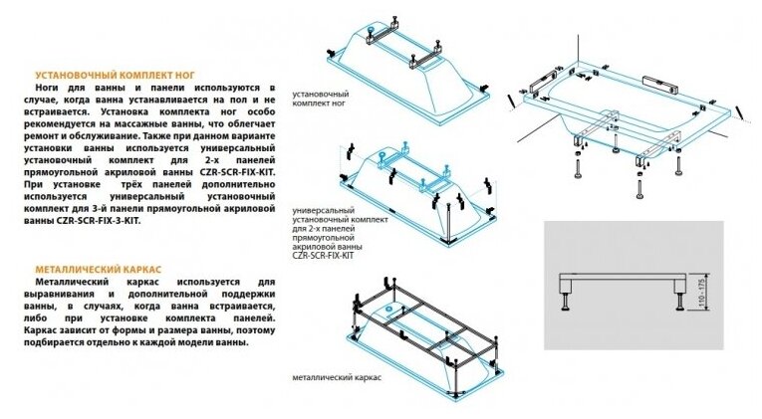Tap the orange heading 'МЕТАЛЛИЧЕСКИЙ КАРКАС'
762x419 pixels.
click(x=91, y=270)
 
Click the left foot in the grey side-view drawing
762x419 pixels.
click(x=570, y=296)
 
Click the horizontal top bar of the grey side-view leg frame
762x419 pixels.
click(x=626, y=275)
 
